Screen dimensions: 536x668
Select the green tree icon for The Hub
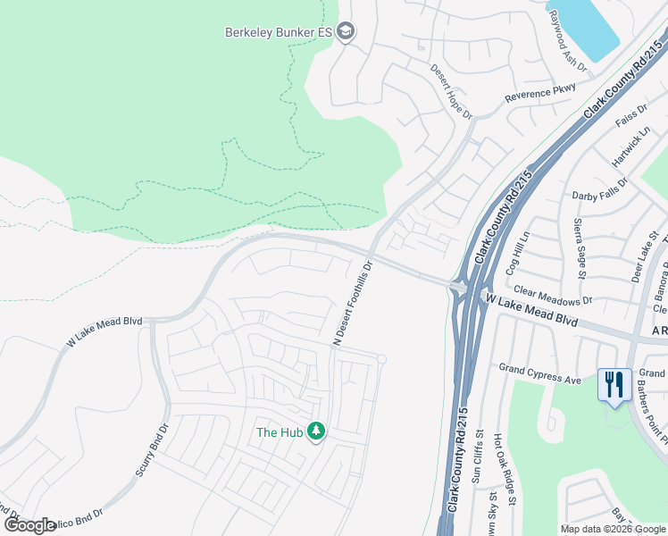point(315,431)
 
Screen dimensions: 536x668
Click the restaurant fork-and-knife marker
point(614,385)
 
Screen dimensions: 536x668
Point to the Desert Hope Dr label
point(451,91)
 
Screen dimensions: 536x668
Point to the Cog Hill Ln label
point(518,252)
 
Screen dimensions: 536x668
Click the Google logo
point(29,525)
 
